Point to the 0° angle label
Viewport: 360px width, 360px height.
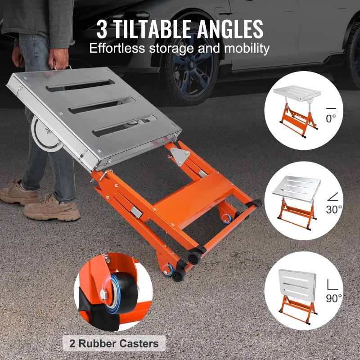point(331,119)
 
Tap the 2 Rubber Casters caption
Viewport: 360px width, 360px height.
point(114,344)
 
